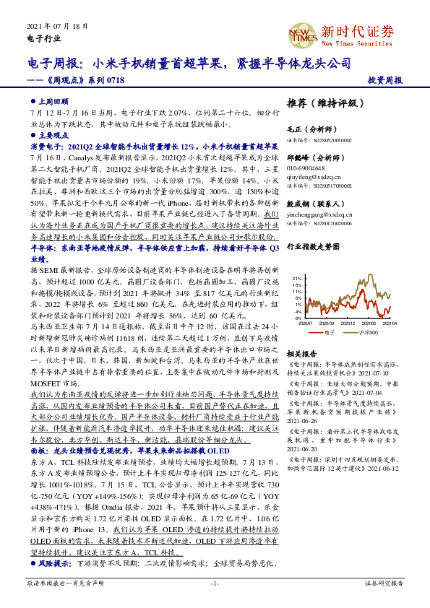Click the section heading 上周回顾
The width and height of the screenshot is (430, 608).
pos(54,102)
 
